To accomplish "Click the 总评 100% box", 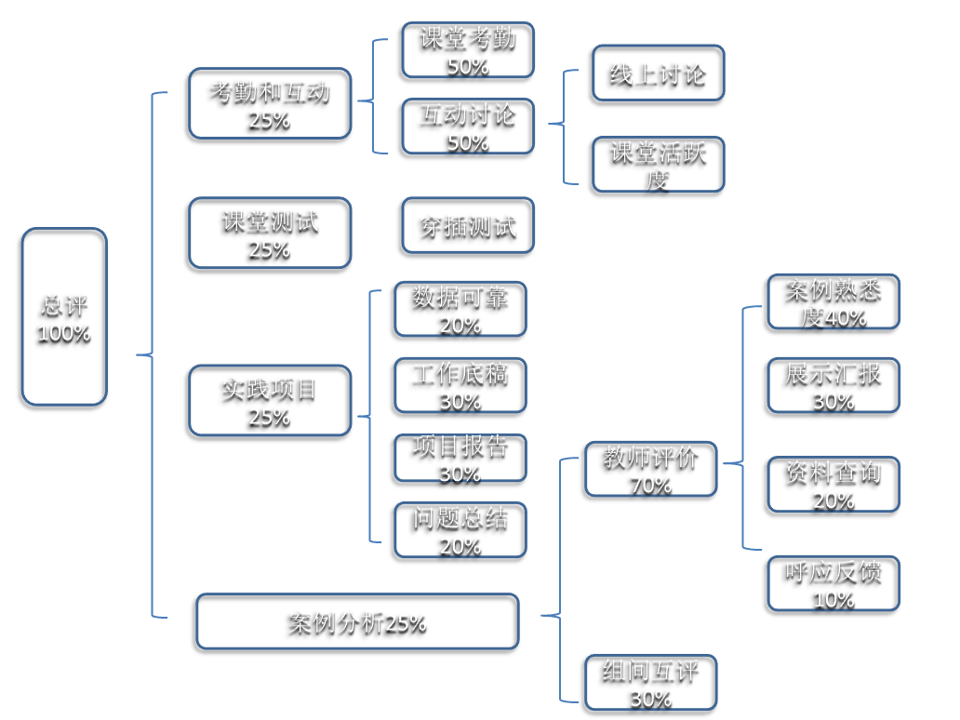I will tap(64, 317).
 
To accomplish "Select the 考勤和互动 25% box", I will tap(270, 103).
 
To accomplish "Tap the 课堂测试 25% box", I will tap(270, 233).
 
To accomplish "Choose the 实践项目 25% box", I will tap(270, 401).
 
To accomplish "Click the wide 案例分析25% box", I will tap(357, 621).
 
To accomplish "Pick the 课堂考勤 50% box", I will tap(468, 50).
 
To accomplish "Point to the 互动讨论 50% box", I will tap(468, 127).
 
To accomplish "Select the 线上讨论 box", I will tap(658, 74).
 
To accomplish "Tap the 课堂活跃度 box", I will tap(658, 165).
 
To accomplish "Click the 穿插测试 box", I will tap(468, 225).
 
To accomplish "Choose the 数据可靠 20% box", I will tap(460, 309).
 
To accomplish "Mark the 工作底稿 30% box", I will tap(460, 385).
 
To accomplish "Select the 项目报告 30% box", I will tap(460, 457).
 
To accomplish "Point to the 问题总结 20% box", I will tap(460, 530).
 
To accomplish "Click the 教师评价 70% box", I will tap(650, 470).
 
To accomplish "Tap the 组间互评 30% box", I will tap(650, 683).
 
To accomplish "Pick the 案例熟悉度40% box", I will tap(833, 302).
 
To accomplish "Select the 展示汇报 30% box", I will tap(833, 385).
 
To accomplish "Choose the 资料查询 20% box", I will tap(833, 484).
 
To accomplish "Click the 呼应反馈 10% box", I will tap(833, 583).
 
